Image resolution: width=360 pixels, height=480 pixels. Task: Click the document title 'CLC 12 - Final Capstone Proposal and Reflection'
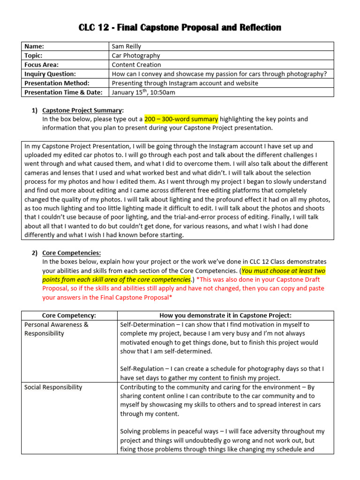(180, 28)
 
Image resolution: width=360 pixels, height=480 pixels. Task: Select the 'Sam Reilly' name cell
(127, 46)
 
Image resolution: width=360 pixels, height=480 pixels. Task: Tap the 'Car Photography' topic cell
(136, 55)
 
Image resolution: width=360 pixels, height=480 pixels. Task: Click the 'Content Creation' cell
(136, 65)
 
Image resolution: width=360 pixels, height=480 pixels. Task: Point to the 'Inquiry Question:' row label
(50, 74)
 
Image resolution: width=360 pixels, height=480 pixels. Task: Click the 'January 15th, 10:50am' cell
(143, 92)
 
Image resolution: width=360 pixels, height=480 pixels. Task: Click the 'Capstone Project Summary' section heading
(82, 111)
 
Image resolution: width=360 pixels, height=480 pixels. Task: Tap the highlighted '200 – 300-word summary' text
(181, 119)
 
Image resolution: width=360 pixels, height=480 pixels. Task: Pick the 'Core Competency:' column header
(69, 315)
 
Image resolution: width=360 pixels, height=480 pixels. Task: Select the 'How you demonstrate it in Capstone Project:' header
(225, 315)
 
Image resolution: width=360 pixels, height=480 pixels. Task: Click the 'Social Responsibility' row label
(53, 387)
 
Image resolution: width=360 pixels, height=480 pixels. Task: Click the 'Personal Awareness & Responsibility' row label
(56, 329)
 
